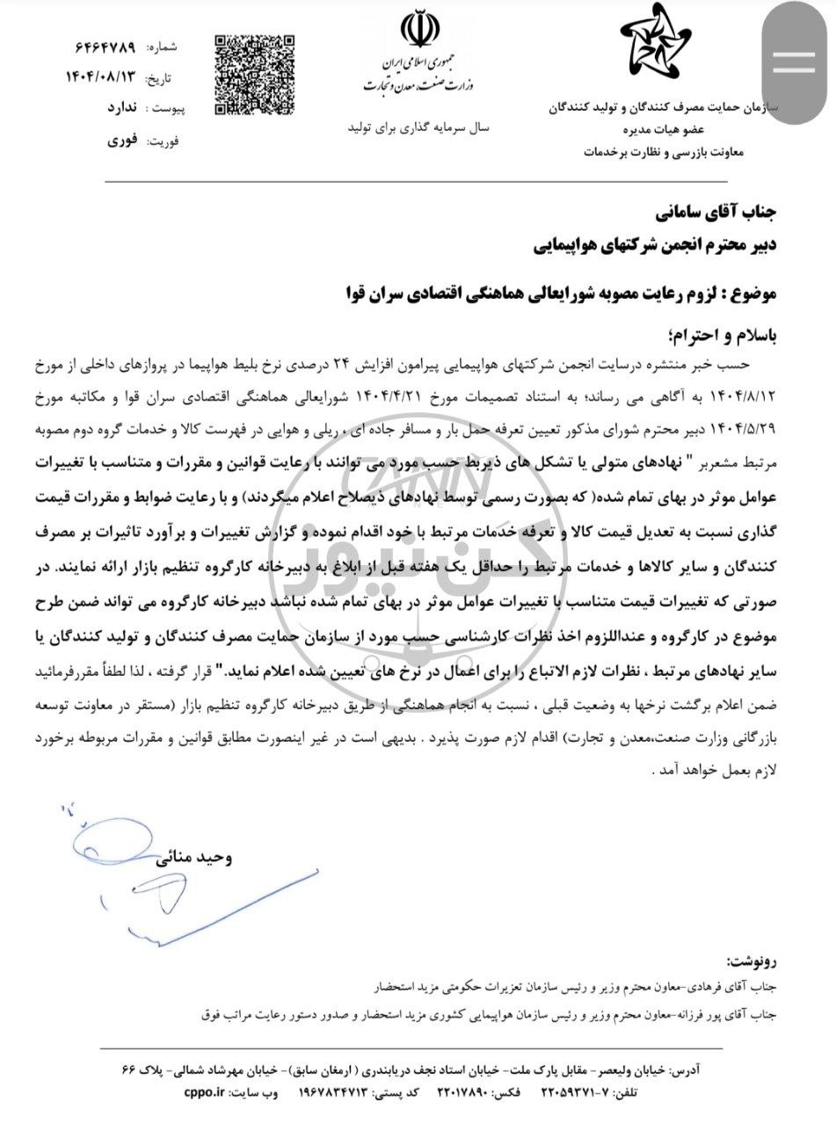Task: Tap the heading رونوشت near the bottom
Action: coord(754,958)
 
